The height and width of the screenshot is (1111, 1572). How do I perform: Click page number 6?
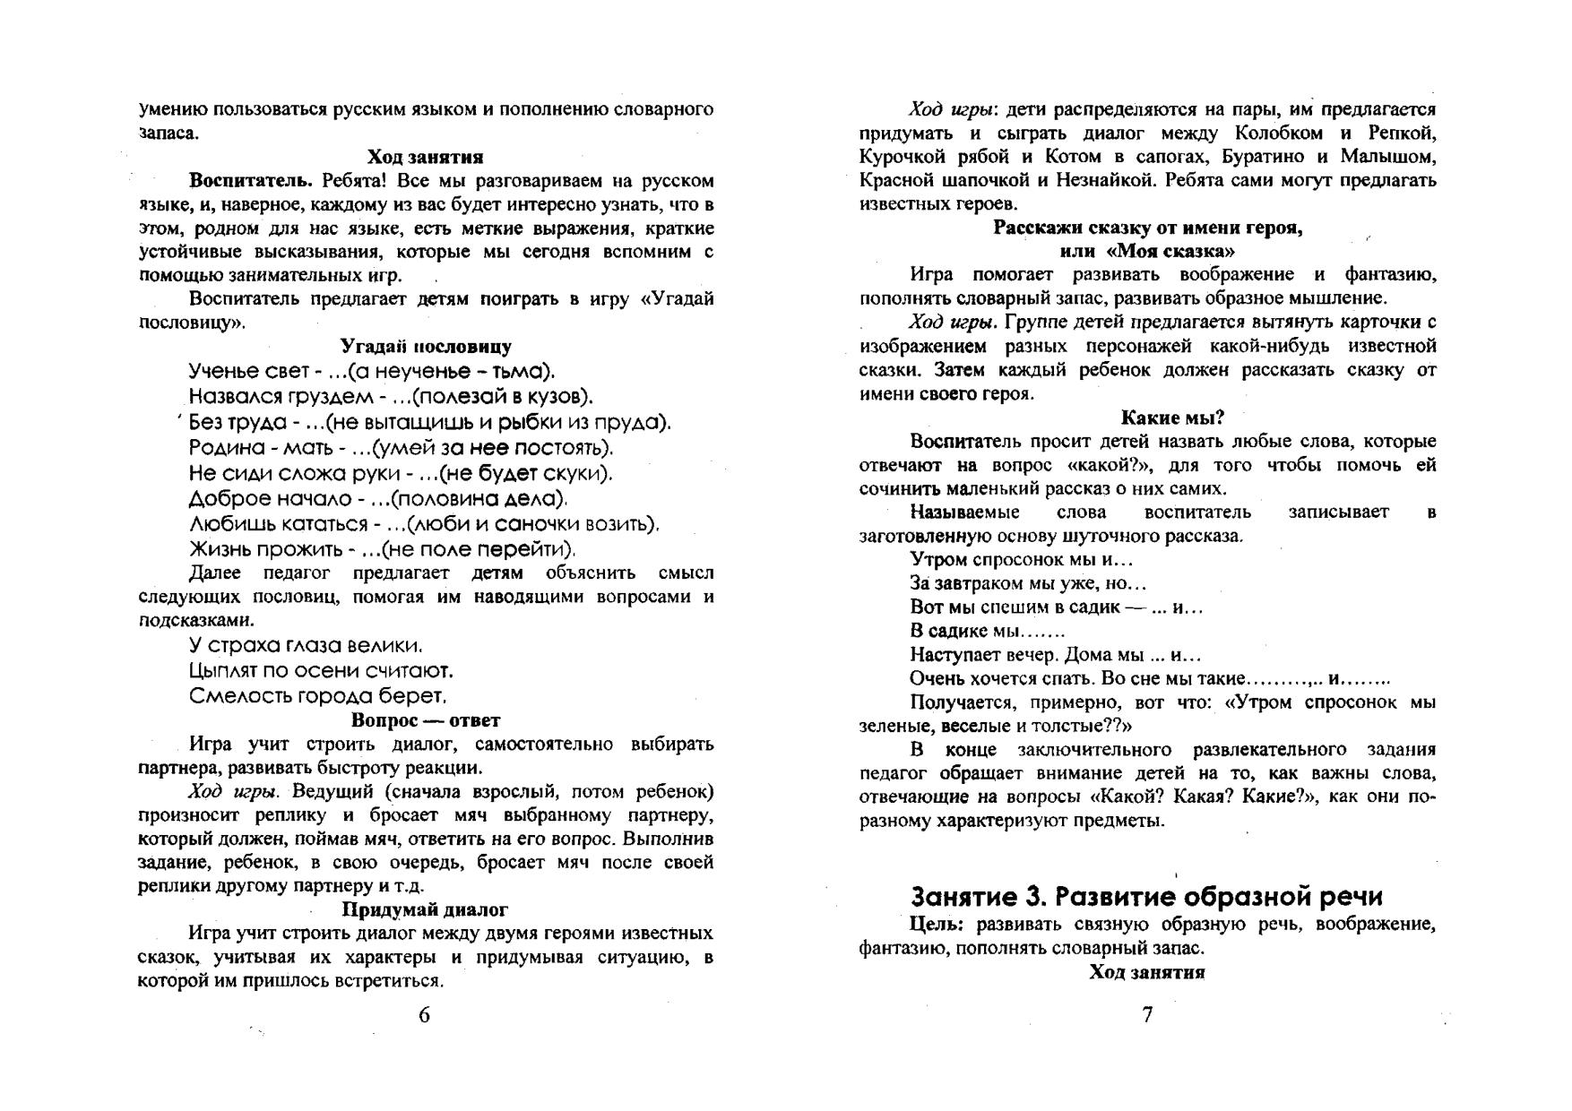point(424,1015)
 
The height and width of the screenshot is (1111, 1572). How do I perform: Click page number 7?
point(1147,1015)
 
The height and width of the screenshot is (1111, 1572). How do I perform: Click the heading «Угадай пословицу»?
point(426,347)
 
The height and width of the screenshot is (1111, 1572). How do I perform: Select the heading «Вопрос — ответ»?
point(426,720)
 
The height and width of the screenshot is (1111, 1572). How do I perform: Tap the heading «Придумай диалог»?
point(426,909)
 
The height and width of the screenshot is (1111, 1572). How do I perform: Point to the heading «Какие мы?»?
point(1172,418)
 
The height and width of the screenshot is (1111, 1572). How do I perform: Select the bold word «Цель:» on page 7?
point(936,924)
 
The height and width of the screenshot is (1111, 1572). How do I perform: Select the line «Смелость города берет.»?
point(317,696)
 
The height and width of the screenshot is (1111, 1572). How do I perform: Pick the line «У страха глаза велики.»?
point(306,646)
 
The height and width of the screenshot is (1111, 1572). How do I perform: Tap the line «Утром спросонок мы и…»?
point(1021,560)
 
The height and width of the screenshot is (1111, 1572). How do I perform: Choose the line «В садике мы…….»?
point(987,631)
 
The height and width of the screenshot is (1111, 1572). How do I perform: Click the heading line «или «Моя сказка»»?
point(1147,251)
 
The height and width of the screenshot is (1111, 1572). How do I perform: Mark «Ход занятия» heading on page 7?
point(1147,972)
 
